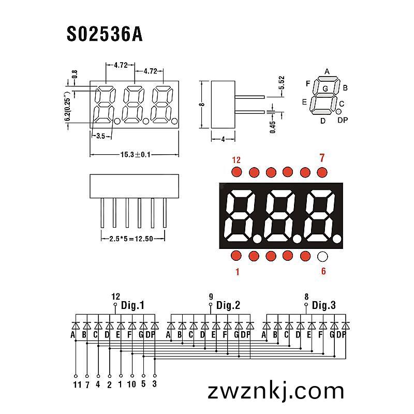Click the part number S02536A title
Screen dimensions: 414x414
point(105,34)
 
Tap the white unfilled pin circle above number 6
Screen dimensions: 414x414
point(322,256)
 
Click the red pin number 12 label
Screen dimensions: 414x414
point(236,160)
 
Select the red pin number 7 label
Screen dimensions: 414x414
point(322,158)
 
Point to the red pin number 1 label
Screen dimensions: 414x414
point(238,272)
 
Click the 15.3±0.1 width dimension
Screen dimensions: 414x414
point(135,154)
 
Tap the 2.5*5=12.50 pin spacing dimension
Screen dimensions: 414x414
point(131,239)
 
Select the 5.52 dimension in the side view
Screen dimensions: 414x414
point(282,83)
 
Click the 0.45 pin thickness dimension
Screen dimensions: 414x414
point(273,127)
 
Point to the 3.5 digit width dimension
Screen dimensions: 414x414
point(100,136)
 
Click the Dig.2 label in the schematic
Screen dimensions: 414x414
point(228,305)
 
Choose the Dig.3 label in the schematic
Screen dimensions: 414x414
point(324,305)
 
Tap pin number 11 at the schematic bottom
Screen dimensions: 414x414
point(77,385)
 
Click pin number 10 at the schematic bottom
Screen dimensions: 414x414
point(131,384)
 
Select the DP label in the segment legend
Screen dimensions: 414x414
point(343,120)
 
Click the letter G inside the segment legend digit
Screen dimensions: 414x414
point(326,88)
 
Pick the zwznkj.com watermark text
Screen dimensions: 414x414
point(276,391)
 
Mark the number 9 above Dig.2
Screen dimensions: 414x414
point(211,297)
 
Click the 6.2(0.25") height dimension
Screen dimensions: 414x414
point(68,106)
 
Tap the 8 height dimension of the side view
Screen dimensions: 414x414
point(202,105)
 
